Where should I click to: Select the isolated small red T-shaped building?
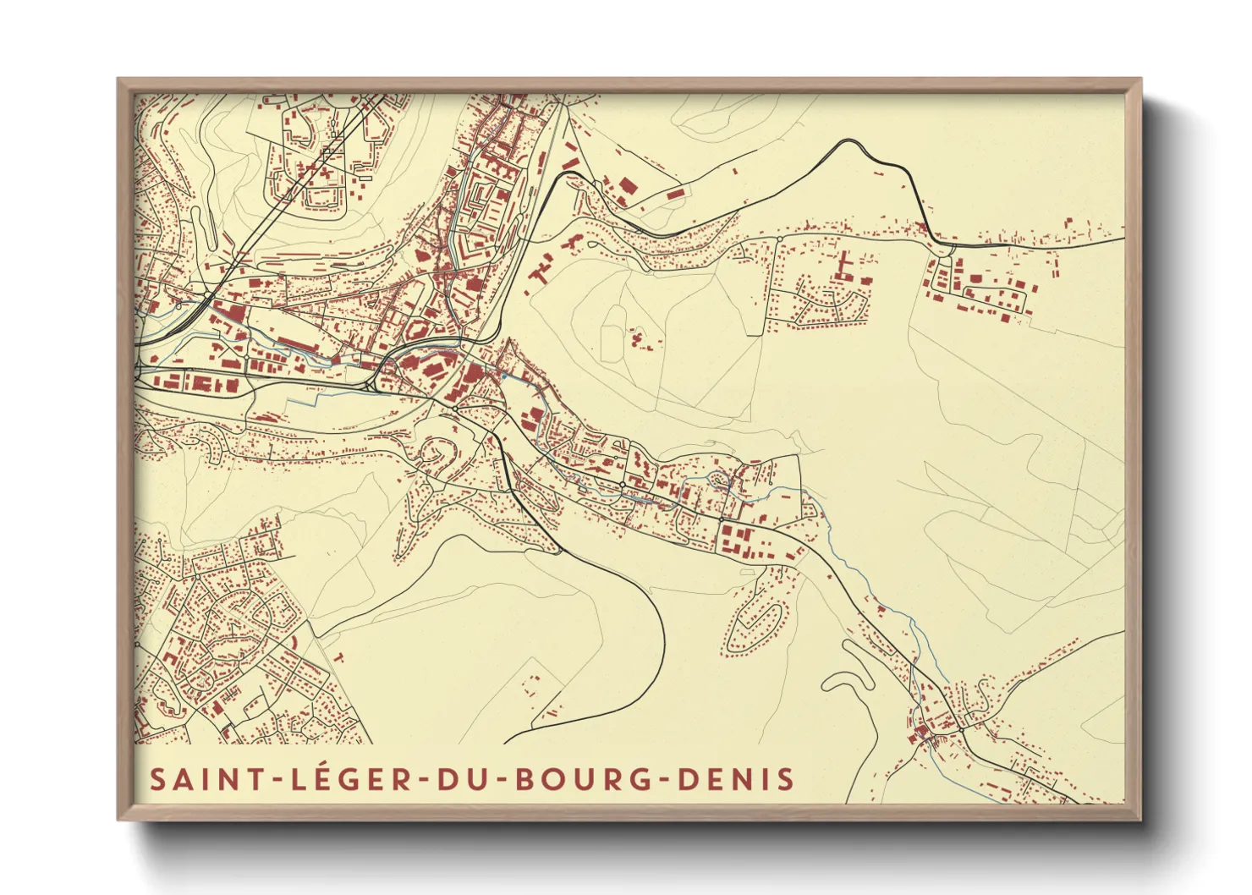[338, 656]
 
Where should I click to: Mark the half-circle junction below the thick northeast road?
[942, 247]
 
